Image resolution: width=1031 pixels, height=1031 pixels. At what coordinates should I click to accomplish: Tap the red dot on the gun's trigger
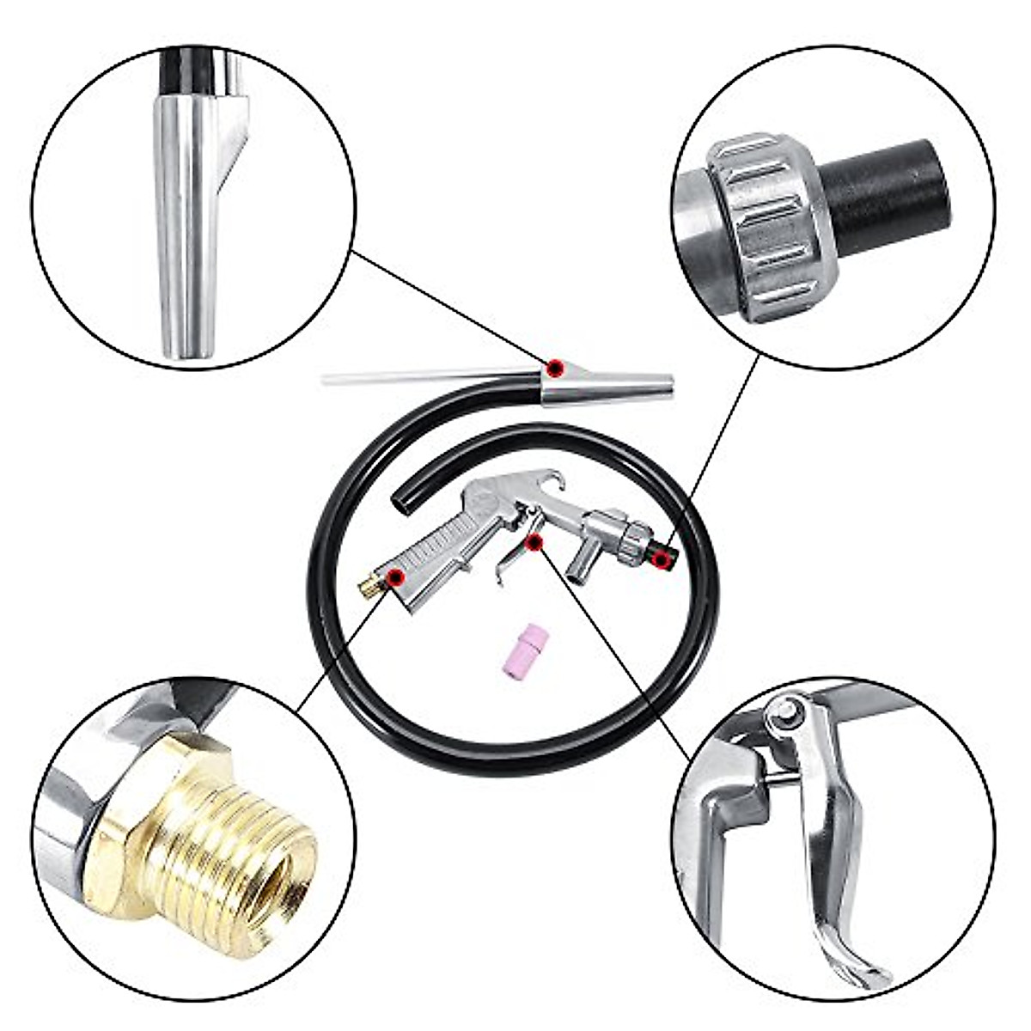click(x=534, y=540)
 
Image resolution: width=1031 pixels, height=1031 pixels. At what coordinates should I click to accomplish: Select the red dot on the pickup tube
click(x=556, y=367)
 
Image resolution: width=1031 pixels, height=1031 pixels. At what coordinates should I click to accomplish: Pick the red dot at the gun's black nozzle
click(x=660, y=560)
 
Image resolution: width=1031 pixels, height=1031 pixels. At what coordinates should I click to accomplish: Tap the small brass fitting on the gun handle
click(x=368, y=590)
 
